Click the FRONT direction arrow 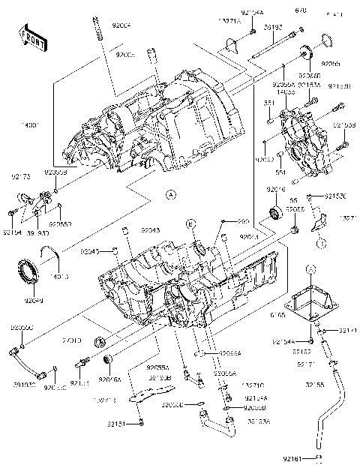28,37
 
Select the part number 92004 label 121,25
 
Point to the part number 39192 273,27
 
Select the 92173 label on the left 20,178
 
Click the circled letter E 191,225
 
